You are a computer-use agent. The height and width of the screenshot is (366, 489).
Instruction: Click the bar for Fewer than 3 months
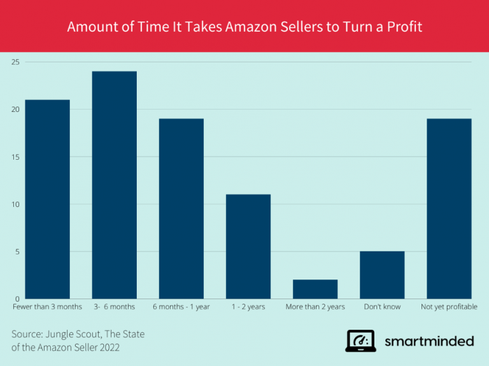point(47,199)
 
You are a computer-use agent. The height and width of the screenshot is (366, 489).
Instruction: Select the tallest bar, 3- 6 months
point(114,185)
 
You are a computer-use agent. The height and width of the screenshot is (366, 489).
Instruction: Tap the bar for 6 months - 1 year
point(181,209)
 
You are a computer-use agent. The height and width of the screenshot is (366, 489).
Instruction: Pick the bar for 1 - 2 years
point(248,246)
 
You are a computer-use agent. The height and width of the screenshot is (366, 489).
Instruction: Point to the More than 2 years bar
point(315,289)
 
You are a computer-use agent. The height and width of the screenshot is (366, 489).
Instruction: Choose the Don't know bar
point(382,275)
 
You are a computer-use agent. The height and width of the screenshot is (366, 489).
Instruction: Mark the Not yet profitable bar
point(449,209)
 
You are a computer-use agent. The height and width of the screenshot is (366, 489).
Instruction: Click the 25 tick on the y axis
point(15,62)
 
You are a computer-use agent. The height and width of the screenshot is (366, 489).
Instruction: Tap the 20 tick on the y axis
point(15,109)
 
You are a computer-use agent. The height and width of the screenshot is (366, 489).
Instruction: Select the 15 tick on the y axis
point(15,157)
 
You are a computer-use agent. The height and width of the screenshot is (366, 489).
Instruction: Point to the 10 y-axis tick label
point(15,204)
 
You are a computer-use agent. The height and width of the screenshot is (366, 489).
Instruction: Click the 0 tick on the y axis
point(17,299)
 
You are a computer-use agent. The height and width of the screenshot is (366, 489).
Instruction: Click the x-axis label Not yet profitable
point(449,307)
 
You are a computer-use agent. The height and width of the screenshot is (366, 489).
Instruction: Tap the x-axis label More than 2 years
point(315,307)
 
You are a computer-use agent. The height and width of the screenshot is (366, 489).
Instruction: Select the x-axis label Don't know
point(382,307)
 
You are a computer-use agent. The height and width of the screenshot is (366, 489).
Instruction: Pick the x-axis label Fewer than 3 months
point(47,307)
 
